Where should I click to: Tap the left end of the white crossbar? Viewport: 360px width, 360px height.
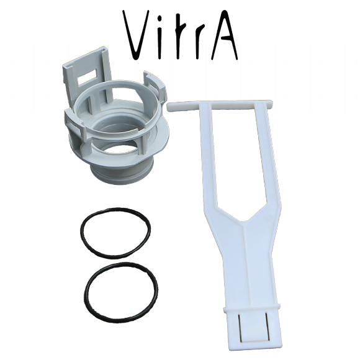click(169, 107)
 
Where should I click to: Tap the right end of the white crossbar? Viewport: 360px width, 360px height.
click(271, 104)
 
